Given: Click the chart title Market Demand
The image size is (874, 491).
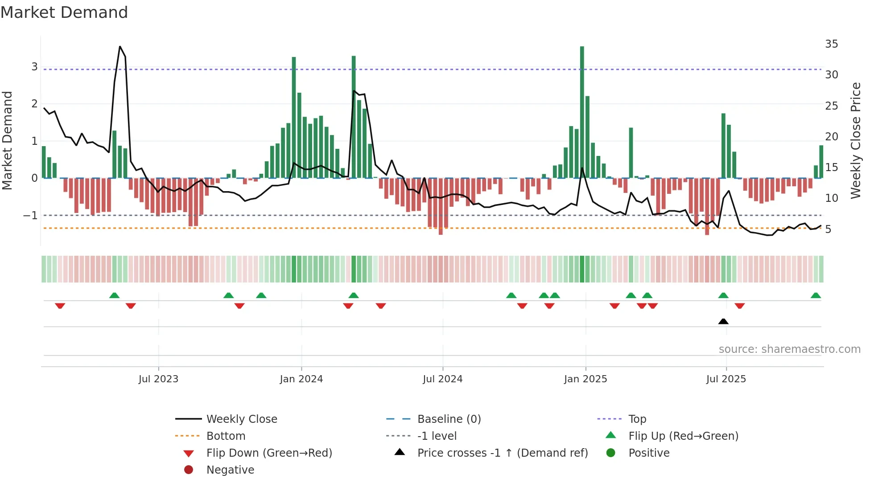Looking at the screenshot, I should (x=64, y=12).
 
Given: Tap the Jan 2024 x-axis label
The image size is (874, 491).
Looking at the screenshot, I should (x=301, y=379).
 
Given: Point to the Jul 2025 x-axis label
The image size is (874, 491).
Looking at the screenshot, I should (x=726, y=379).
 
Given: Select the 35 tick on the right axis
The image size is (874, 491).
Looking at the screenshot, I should (x=831, y=44).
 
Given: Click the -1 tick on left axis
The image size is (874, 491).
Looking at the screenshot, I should (x=31, y=215).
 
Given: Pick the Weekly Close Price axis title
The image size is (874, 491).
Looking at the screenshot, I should (x=855, y=140).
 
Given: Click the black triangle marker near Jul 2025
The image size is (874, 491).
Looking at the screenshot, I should (x=723, y=321).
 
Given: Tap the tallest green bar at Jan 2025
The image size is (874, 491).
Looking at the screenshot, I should (x=582, y=111).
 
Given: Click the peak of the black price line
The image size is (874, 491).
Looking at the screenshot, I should (x=120, y=46).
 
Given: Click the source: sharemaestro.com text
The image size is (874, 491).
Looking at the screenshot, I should (x=789, y=349).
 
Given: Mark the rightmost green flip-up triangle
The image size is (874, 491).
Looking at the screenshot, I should (x=816, y=295).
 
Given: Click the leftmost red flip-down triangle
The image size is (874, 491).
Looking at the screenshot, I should (x=60, y=306).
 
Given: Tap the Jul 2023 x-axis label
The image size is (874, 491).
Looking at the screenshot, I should (x=158, y=379).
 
